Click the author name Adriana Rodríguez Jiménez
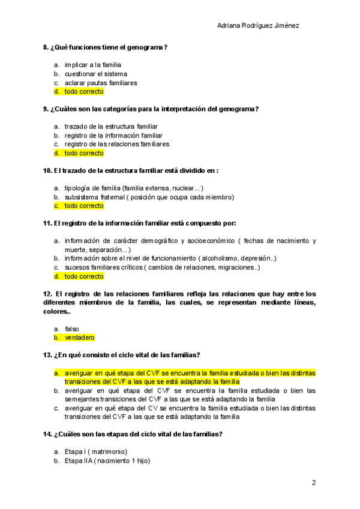257,26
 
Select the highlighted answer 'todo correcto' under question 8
84,92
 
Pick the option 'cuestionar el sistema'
96,74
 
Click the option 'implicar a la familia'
93,65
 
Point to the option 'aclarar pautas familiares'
101,83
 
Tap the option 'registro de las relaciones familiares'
116,144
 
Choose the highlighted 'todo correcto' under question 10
84,206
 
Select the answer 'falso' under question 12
72,329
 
